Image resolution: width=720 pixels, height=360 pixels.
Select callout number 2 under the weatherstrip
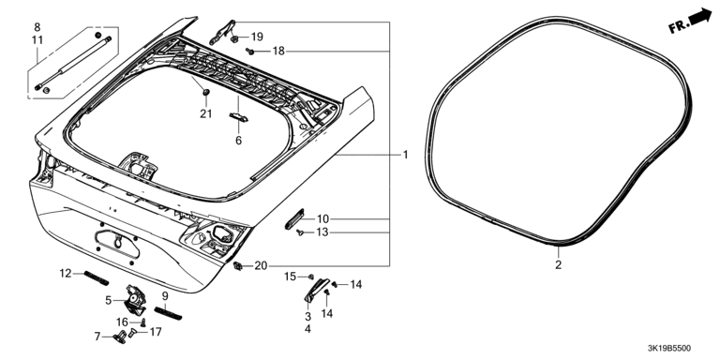[x=559, y=265]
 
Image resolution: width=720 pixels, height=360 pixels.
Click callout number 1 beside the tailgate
[x=405, y=155]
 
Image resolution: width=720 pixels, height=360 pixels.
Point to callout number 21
[x=205, y=113]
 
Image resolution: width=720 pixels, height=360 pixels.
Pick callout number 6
[x=238, y=141]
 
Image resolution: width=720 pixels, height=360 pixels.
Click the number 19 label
[x=257, y=37]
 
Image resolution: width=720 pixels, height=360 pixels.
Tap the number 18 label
[x=278, y=51]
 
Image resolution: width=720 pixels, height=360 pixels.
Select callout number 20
[x=261, y=266]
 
